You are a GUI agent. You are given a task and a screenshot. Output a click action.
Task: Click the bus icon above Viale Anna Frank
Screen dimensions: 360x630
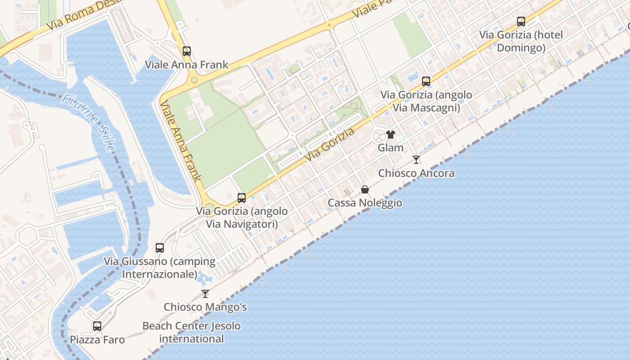coord(186,51)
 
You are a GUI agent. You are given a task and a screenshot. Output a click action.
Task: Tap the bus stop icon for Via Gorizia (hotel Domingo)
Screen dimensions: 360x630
coord(521,21)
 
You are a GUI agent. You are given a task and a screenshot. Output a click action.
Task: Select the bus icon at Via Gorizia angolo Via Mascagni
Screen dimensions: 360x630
coord(426,81)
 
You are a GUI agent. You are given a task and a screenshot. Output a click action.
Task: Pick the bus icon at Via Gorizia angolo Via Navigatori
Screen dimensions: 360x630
coord(242,198)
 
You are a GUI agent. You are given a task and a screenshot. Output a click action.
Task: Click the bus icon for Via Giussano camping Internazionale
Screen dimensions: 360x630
coord(160,247)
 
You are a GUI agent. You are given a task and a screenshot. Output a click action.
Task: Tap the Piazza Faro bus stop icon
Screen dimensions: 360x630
coord(97,326)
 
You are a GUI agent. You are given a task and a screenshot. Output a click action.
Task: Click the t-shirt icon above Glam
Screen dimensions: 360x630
coord(390,135)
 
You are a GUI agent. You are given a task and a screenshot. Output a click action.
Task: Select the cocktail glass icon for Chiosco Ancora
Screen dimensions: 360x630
coord(416,160)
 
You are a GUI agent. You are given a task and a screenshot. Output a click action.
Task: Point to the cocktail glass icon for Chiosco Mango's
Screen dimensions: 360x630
coord(205,294)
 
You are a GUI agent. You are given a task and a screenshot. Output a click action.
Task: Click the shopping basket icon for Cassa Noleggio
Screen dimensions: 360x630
coord(365,189)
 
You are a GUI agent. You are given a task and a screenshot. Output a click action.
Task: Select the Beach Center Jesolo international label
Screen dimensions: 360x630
coord(192,333)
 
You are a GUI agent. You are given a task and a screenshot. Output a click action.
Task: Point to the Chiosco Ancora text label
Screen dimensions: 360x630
coord(416,173)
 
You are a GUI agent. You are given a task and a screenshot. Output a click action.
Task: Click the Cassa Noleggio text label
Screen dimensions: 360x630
coord(365,203)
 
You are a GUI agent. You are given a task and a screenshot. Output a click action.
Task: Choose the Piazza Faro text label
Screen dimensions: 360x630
coord(97,340)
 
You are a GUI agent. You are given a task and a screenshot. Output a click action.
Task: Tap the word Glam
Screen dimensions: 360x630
coord(391,148)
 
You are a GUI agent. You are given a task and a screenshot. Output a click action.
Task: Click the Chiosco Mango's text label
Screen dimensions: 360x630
coord(205,307)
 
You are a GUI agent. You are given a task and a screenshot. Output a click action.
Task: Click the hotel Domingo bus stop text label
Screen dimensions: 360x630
coord(521,41)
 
